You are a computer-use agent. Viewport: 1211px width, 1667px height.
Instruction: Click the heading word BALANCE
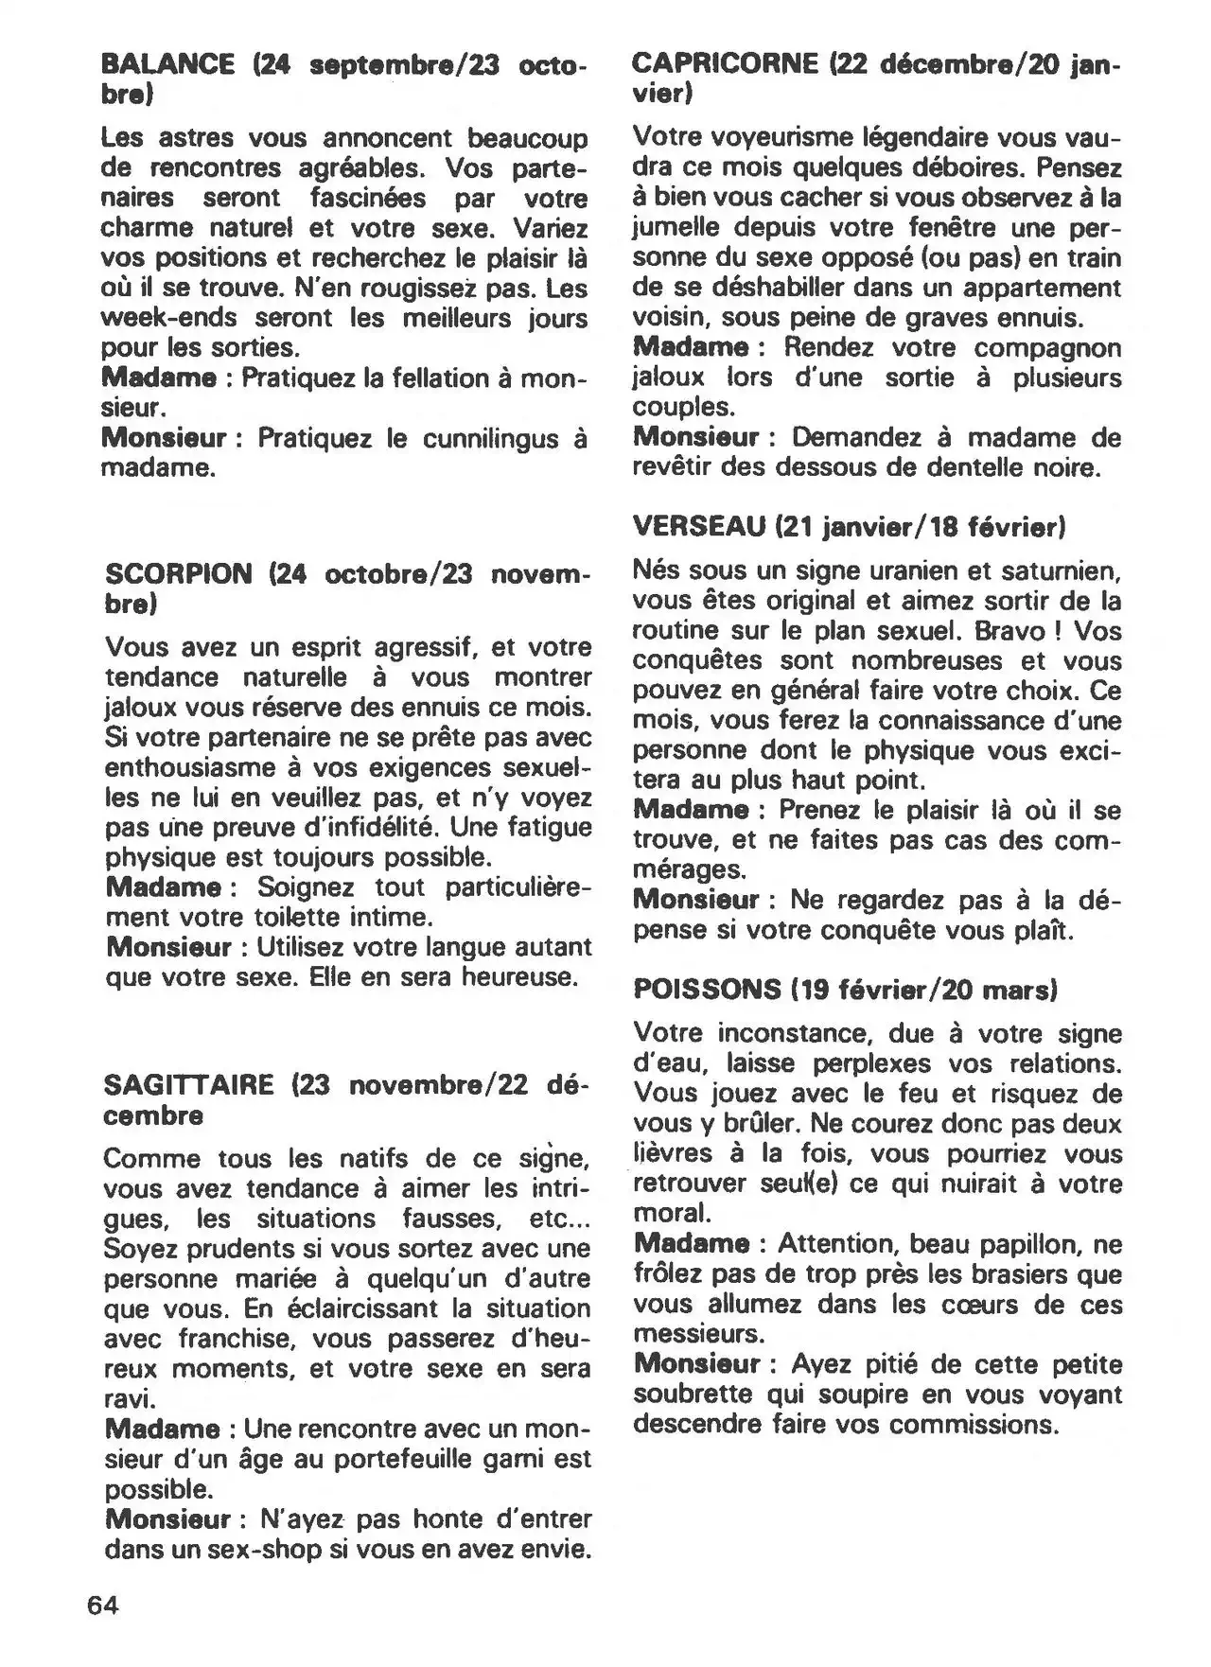click(x=167, y=65)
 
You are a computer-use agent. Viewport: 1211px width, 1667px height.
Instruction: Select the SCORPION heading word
click(x=179, y=574)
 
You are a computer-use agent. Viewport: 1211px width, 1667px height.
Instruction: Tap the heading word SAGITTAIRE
click(x=188, y=1085)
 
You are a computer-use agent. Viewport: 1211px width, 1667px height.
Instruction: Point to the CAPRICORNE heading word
click(x=725, y=63)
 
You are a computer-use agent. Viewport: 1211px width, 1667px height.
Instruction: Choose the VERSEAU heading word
click(x=698, y=526)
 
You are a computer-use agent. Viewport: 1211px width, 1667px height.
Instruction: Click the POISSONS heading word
click(x=707, y=990)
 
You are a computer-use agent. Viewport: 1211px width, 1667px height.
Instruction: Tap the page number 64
click(x=103, y=1605)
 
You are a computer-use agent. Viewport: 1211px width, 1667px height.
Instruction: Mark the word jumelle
click(x=679, y=228)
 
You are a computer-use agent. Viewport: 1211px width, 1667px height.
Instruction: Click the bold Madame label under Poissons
click(x=692, y=1244)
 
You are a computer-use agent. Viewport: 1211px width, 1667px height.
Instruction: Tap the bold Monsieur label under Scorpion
click(x=168, y=947)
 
